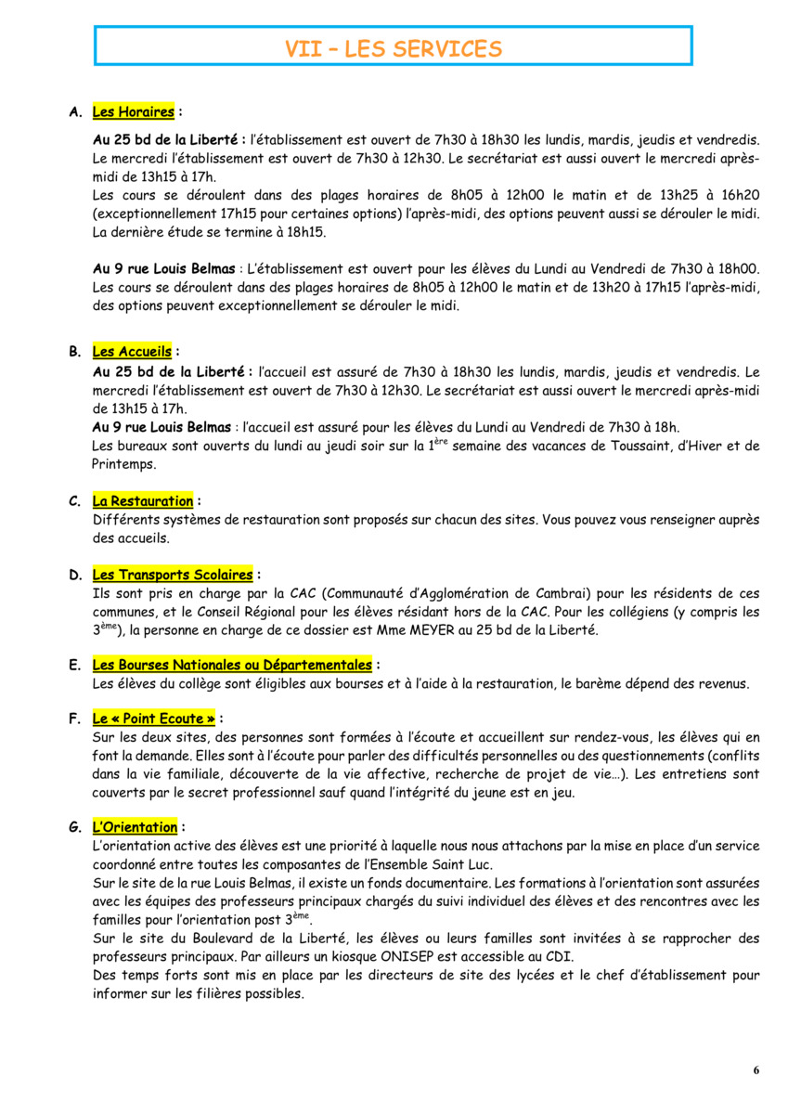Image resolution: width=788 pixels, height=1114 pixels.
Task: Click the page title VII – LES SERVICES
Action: [x=394, y=49]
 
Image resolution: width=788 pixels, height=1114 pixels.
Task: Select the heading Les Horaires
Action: [x=134, y=112]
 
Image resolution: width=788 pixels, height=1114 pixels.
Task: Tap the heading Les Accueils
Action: [x=132, y=352]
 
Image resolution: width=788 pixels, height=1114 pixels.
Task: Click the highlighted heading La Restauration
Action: [x=142, y=501]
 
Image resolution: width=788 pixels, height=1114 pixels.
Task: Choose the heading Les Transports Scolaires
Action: [x=172, y=575]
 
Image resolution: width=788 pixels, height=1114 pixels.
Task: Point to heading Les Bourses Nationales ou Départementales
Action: [x=232, y=665]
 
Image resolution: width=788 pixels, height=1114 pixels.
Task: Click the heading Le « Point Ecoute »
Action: [x=154, y=719]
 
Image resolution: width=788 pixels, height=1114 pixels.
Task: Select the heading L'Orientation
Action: [x=135, y=826]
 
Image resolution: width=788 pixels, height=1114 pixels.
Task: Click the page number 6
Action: [x=756, y=1070]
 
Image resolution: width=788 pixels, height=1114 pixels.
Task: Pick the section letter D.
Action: [x=74, y=576]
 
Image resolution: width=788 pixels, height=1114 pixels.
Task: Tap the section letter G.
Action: [x=74, y=827]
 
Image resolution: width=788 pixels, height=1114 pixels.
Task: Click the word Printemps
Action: [x=124, y=464]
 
